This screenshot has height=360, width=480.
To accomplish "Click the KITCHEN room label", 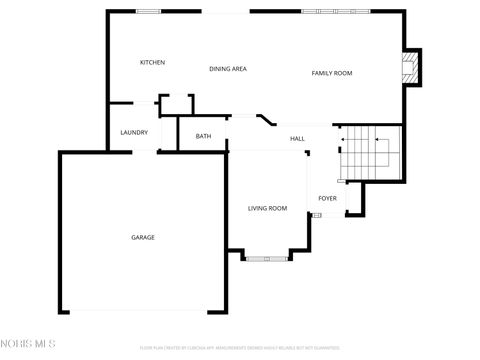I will [x=152, y=62].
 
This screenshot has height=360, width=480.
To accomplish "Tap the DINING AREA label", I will [x=228, y=69].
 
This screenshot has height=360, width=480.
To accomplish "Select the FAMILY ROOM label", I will [x=332, y=73].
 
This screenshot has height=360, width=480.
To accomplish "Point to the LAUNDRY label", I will [x=134, y=132].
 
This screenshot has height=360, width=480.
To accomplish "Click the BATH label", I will [x=203, y=136].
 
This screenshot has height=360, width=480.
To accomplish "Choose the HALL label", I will [x=297, y=138].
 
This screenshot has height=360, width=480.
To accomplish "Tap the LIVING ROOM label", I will [x=267, y=208].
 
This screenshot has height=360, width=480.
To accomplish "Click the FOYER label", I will [x=327, y=198].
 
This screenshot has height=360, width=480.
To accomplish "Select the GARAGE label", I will [x=143, y=237].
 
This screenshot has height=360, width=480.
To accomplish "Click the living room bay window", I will [x=268, y=258].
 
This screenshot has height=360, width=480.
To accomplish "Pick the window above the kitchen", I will [x=149, y=12].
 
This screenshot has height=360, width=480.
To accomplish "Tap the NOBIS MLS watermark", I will [x=28, y=345].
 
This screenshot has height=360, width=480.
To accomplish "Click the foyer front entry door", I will [x=330, y=215].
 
